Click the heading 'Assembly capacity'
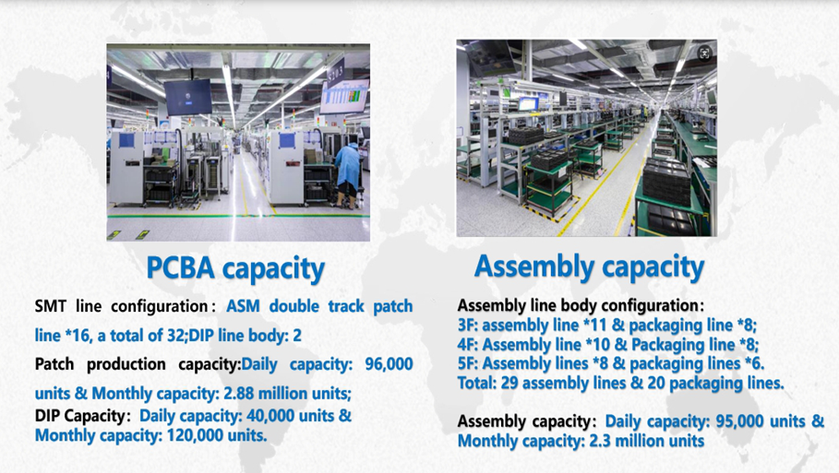pos(589,267)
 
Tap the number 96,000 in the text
pos(389,364)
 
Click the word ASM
pos(243,306)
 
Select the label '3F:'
pos(467,325)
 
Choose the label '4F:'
pos(468,344)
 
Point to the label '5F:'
pos(467,363)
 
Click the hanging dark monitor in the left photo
pos(187,97)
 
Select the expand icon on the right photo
pos(704,53)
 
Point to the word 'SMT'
pos(51,306)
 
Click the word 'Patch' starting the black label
pos(54,364)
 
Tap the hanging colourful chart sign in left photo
pos(344,96)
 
